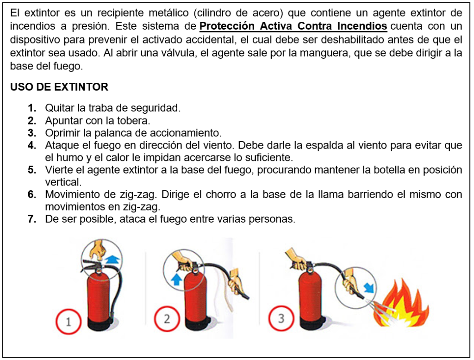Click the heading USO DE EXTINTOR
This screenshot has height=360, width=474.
click(x=59, y=87)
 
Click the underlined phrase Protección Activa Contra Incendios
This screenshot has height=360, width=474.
click(x=293, y=26)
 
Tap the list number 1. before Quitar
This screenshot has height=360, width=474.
click(x=32, y=108)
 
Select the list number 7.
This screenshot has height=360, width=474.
click(x=32, y=219)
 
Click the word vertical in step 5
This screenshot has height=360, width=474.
click(x=63, y=182)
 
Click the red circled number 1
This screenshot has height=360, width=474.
click(x=69, y=321)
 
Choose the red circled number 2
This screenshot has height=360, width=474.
click(x=167, y=319)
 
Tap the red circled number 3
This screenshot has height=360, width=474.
click(x=281, y=318)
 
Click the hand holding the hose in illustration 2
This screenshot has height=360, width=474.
click(x=236, y=282)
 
